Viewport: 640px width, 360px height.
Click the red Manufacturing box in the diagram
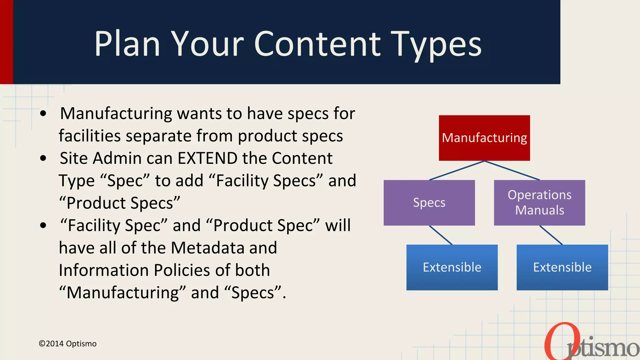[484, 138]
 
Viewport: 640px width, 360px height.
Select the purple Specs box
[429, 202]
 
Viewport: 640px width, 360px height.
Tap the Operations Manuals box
[539, 202]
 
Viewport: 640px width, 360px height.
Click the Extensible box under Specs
[452, 267]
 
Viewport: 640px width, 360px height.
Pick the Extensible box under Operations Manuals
[562, 267]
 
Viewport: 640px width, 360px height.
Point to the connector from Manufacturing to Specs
[457, 170]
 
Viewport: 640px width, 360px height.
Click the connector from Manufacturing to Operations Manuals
[512, 170]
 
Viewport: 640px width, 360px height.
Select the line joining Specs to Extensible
[441, 235]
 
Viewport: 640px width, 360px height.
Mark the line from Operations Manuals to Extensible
[551, 235]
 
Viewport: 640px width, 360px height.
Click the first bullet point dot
[43, 114]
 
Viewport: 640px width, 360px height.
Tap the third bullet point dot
[43, 226]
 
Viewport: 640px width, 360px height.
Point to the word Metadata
[208, 248]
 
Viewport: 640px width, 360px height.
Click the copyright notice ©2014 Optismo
[67, 344]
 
